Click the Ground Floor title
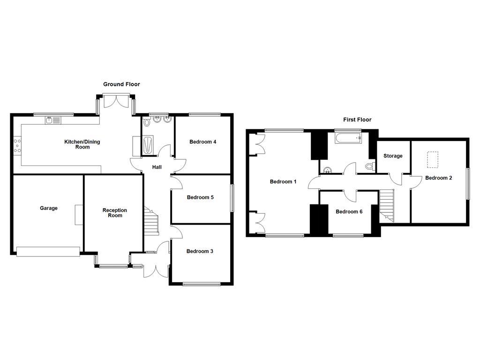(121, 84)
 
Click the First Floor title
(357, 120)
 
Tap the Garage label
(49, 208)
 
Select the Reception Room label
(115, 213)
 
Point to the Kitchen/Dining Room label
(82, 144)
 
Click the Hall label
(157, 167)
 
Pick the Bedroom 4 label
(202, 142)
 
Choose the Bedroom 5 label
(200, 197)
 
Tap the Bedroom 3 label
(200, 251)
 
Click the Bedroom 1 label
(283, 182)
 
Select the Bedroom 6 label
(349, 212)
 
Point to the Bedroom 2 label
(439, 178)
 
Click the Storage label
(393, 156)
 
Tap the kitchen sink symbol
(52, 120)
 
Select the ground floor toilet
(147, 122)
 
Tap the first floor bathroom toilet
(370, 166)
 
